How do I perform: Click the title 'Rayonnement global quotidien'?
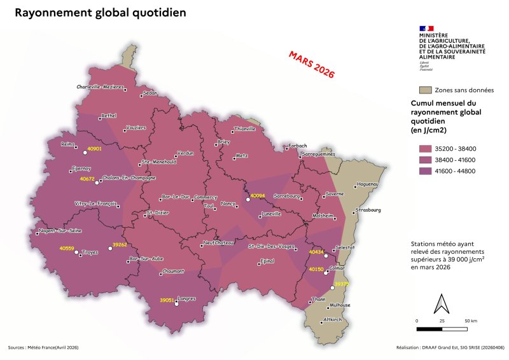[x=100, y=13]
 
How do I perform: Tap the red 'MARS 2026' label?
[x=311, y=64]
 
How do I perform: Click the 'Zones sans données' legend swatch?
[x=424, y=90]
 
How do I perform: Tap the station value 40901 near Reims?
[x=94, y=148]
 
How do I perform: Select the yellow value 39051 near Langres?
[x=167, y=300]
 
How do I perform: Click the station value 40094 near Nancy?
[x=258, y=195]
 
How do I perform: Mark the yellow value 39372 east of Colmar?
[x=342, y=284]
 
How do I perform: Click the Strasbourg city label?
[x=368, y=209]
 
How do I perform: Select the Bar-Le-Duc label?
[x=176, y=197]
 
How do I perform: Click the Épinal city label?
[x=267, y=261]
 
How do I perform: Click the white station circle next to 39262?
[x=109, y=249]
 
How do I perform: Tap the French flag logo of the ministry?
[x=426, y=28]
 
